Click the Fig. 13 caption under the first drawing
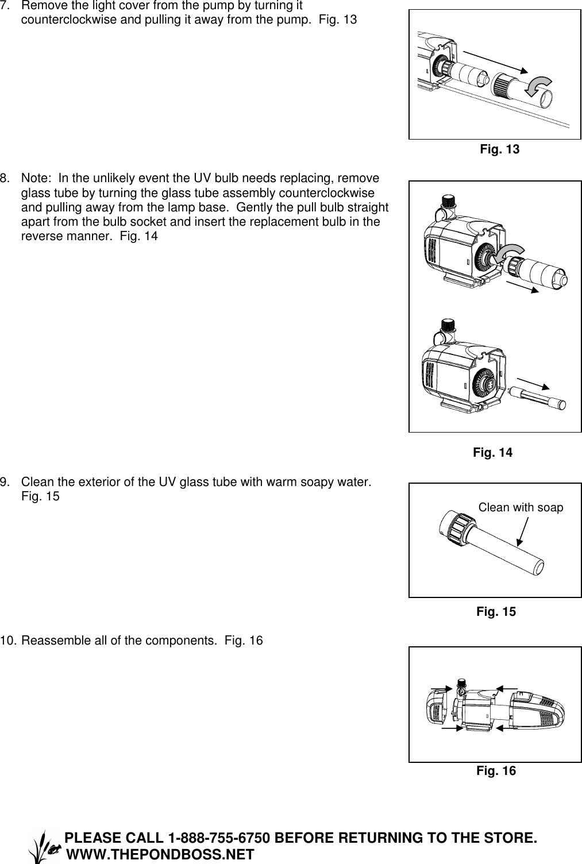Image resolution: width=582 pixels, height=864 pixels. (x=499, y=149)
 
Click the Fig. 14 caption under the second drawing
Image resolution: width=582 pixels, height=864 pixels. (x=492, y=453)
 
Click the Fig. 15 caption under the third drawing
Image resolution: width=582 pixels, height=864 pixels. (x=496, y=612)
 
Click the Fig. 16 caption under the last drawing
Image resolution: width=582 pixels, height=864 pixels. (x=496, y=771)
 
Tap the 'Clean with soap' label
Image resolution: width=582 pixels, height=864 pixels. (x=521, y=507)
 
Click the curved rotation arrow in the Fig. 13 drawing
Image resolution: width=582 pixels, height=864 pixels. (x=539, y=86)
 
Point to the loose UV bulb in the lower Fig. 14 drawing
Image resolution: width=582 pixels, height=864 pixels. (x=537, y=397)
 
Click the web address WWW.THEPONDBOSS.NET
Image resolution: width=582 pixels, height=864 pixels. (x=160, y=854)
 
